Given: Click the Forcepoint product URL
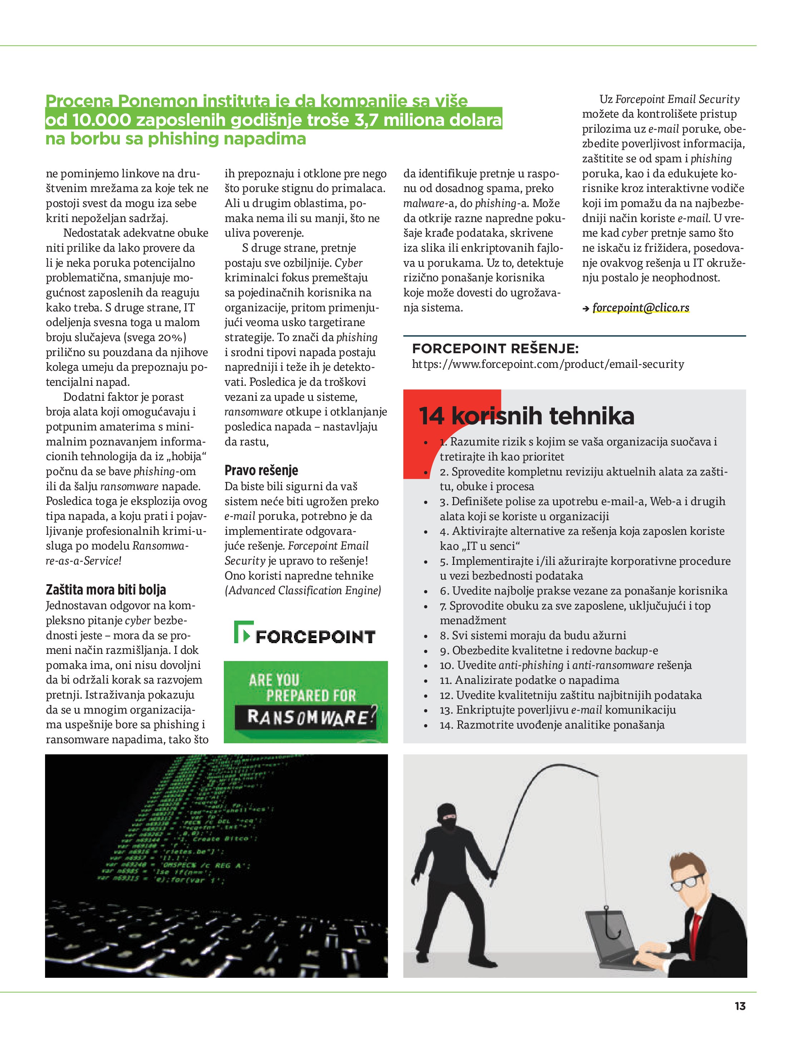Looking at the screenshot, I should pos(548,364).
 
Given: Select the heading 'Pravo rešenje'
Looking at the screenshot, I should pos(261,470).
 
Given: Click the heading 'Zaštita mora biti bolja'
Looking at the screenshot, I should pos(106,590).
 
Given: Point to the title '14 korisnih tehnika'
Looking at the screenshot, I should pos(526,416).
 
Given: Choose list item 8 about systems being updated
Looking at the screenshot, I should pos(532,635).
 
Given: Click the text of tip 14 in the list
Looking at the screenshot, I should pos(552,725).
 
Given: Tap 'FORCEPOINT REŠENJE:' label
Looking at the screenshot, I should pos(495,349).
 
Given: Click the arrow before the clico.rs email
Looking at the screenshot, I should pos(586,309).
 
